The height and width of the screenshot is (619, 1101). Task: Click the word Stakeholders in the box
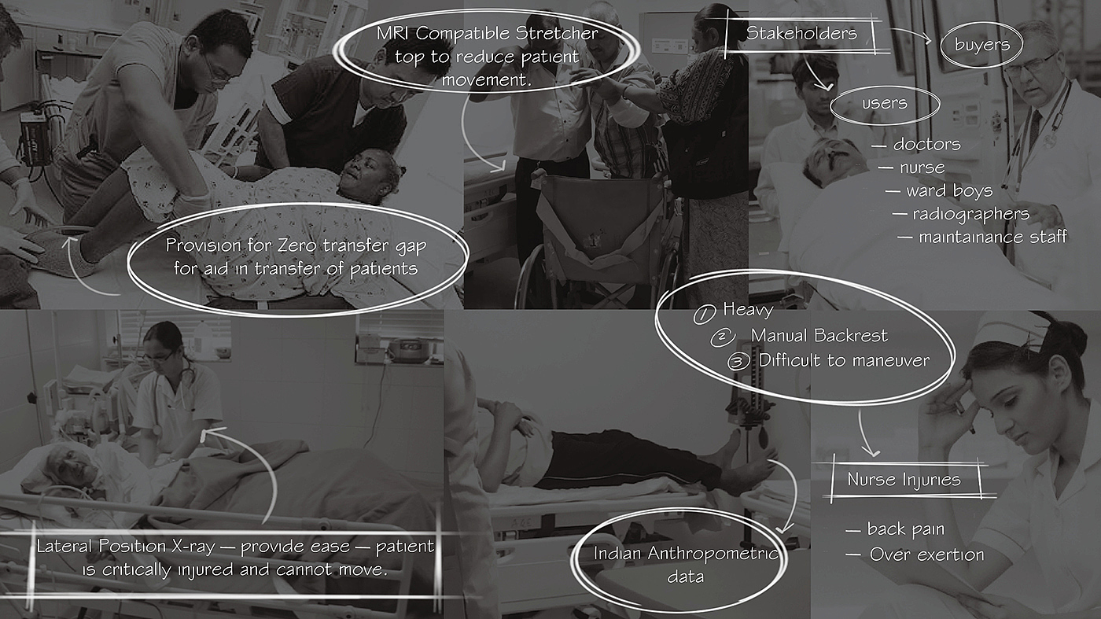click(801, 34)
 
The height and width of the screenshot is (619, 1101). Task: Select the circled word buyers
click(982, 44)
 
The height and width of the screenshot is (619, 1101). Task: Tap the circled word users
click(885, 103)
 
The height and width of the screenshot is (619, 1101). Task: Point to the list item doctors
click(926, 144)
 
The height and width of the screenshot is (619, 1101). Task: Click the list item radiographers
click(970, 215)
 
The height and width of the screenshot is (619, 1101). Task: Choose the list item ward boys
click(950, 191)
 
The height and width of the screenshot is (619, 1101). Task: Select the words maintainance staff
click(992, 237)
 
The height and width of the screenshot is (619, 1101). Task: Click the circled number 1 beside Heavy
click(704, 314)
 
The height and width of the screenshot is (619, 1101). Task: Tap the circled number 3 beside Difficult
click(738, 362)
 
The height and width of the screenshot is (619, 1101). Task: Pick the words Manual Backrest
click(819, 335)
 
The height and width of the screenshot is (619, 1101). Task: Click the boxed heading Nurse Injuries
click(904, 479)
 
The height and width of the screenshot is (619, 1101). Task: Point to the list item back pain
click(906, 529)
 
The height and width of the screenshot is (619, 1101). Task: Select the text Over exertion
click(927, 555)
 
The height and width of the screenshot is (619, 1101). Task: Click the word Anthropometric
click(713, 554)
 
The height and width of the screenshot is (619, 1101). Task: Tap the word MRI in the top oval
click(393, 34)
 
